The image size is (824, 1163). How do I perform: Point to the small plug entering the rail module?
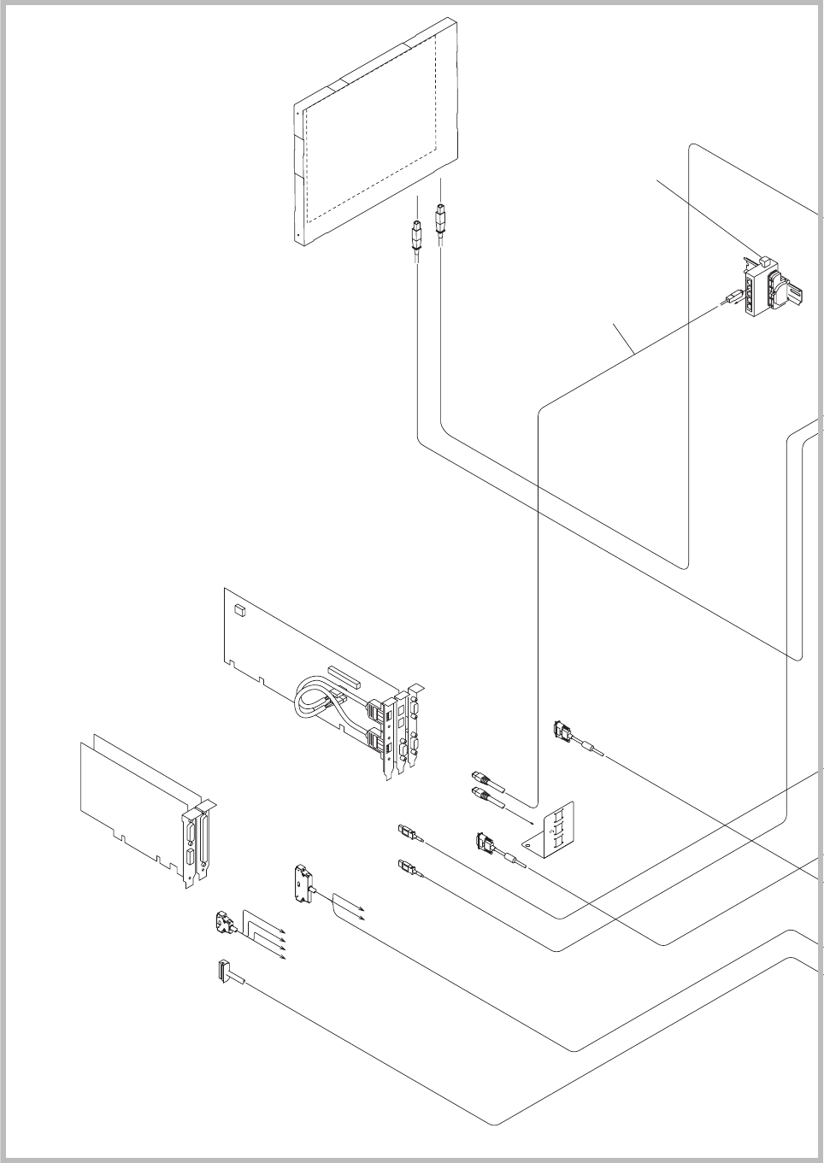click(732, 299)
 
